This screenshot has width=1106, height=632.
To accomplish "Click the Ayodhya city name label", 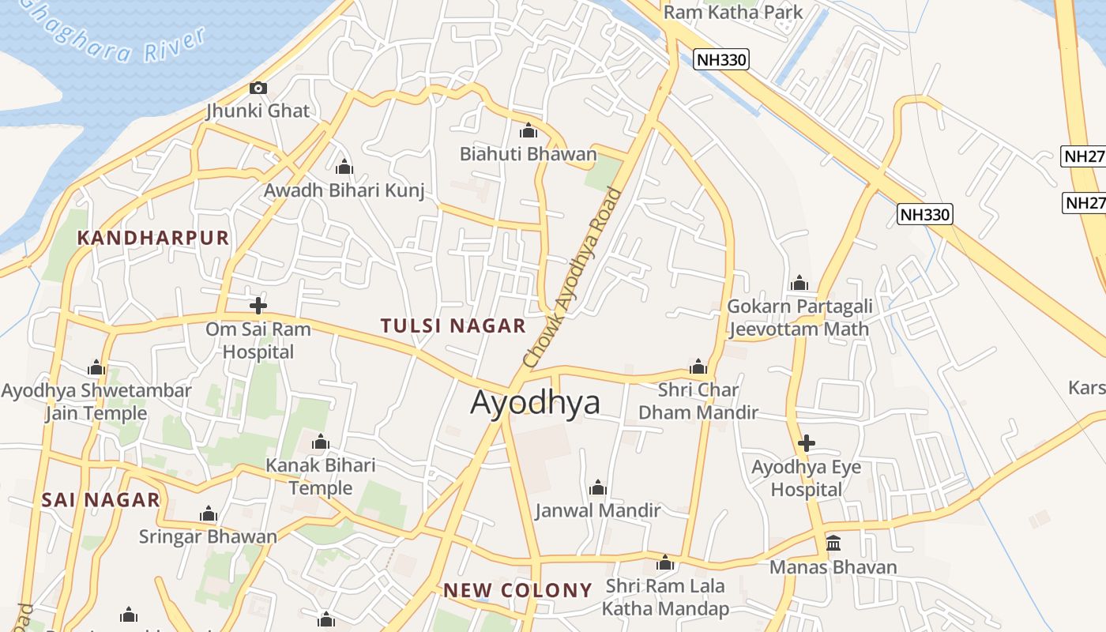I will point(535,402).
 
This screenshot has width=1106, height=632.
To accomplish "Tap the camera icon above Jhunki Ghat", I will point(258,88).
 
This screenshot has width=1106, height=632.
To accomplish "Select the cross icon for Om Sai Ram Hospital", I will point(258,306).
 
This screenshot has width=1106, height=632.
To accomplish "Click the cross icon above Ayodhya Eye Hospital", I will point(806,443).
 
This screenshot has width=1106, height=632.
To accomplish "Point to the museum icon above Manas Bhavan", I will point(833,544).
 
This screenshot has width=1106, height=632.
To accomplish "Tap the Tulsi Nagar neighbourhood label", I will point(453,325).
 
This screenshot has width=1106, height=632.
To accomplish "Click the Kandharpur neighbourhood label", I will point(153,238).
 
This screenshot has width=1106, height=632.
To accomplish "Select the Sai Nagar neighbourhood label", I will point(100,499).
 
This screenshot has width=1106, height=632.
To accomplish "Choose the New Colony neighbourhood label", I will point(517,590).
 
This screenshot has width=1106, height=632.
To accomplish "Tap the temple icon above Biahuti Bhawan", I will point(528,130).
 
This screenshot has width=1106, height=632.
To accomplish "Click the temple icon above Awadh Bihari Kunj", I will point(344,167).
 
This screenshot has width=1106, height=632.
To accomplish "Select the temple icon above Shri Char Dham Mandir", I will point(698,367).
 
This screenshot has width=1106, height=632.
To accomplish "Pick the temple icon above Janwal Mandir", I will point(598,487).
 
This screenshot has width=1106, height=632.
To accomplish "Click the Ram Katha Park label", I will point(733,12).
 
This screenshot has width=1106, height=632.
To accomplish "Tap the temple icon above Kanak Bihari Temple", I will point(321,442).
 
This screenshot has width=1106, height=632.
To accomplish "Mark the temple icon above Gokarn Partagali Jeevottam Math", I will point(799,283).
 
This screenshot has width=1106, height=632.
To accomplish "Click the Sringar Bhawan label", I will point(208,536).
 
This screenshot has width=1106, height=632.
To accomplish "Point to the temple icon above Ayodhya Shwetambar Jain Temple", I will point(96,367).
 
